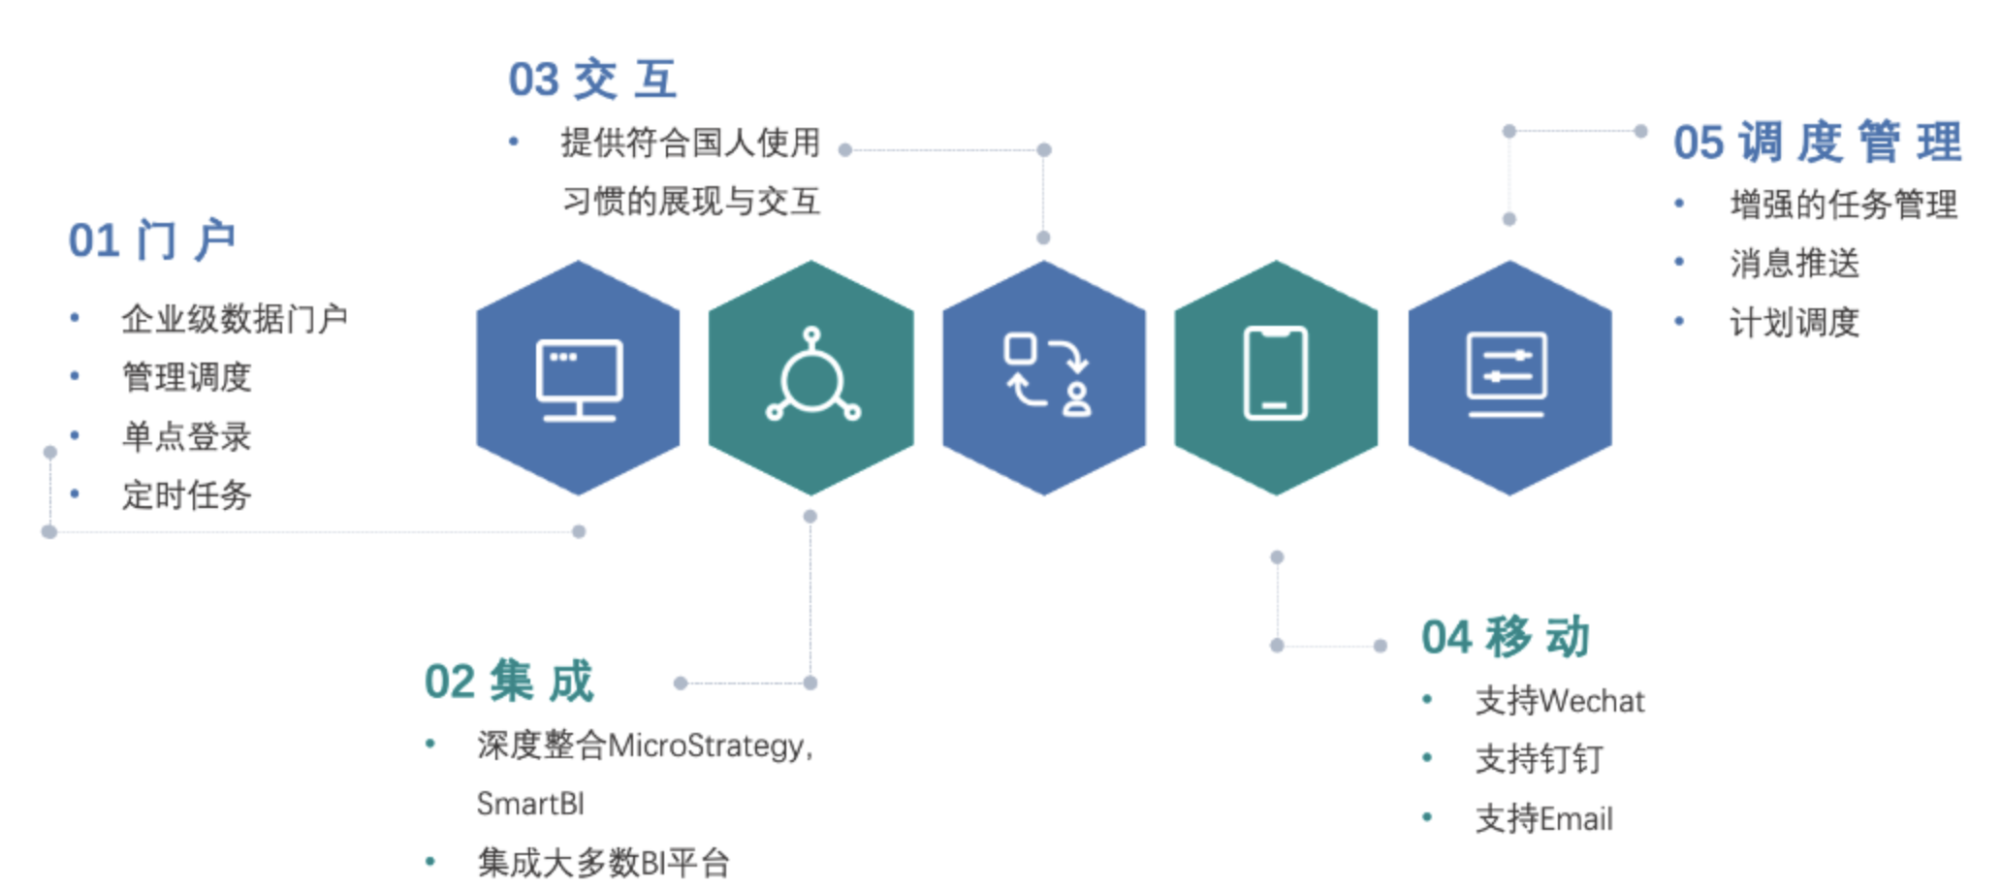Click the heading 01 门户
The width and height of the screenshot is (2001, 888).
point(152,240)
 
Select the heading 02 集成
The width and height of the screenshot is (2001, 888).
point(508,681)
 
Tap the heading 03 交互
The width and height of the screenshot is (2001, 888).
point(592,79)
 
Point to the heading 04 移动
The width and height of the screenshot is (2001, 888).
point(1505,637)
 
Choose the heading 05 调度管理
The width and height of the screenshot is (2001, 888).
point(1817,143)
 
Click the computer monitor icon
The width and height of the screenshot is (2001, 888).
point(579,379)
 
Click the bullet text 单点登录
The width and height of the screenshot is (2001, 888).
point(186,436)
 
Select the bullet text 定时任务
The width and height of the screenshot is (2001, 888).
point(186,495)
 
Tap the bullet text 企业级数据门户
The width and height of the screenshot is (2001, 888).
point(234,318)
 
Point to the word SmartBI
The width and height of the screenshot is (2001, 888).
point(530,804)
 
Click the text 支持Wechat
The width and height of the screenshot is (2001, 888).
point(1559,701)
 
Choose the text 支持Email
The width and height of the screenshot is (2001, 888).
point(1543,819)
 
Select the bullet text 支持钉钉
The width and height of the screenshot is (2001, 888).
point(1539,759)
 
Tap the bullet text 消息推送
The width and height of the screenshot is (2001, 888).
point(1795,263)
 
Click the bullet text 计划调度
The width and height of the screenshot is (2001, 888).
point(1795,322)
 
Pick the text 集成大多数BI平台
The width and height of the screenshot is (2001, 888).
point(603,862)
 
